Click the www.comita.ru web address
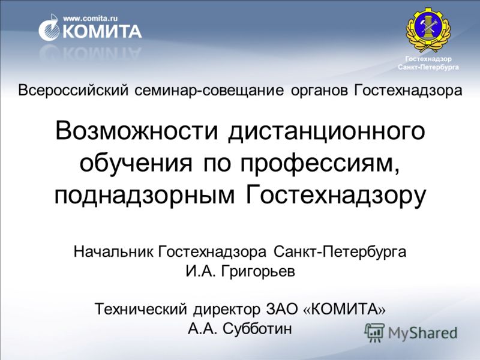91,19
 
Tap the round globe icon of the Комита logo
49,28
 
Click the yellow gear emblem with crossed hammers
428,29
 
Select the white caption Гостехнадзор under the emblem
428,59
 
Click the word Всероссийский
73,91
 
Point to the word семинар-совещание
209,91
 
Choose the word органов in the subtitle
319,91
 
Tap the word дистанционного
326,132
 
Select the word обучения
136,164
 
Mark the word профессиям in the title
317,164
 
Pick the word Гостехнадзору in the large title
336,194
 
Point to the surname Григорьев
258,271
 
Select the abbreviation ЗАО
281,308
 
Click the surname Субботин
257,328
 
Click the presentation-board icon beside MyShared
374,332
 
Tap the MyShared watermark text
422,333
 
